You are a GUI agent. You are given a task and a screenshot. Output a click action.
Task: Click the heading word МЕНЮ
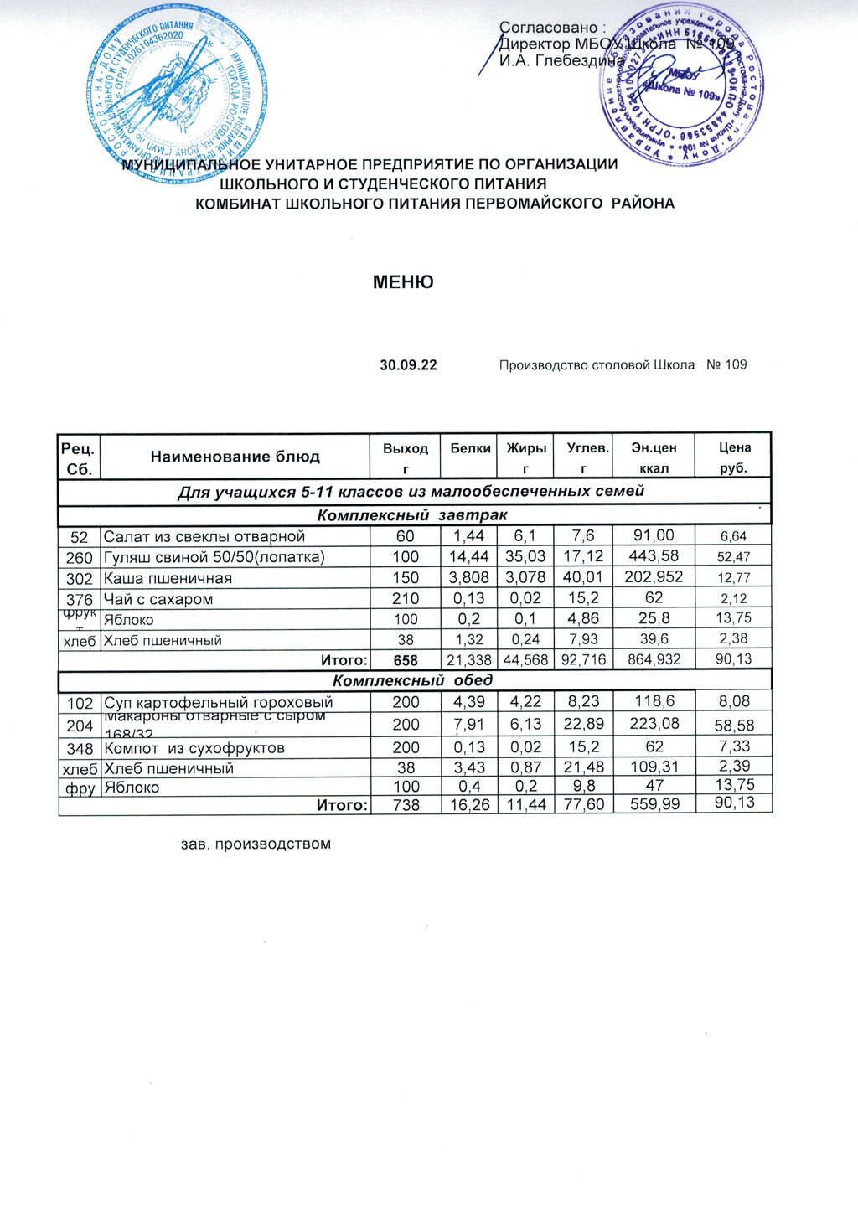(x=403, y=282)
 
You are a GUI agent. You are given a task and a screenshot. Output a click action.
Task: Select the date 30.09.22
(x=408, y=365)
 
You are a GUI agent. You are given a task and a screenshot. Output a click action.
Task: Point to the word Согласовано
(x=550, y=28)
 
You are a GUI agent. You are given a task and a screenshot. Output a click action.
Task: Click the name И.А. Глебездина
(x=561, y=60)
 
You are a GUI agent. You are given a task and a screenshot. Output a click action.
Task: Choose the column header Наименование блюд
(x=235, y=457)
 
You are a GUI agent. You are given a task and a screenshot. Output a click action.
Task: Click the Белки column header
(x=470, y=448)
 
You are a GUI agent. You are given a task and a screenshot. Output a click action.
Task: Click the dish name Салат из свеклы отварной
(x=204, y=536)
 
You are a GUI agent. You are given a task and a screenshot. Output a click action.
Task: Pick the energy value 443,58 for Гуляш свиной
(x=653, y=556)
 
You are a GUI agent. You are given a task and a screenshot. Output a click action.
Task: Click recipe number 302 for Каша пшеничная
(x=79, y=578)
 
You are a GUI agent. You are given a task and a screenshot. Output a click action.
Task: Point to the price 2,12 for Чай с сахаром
(x=733, y=599)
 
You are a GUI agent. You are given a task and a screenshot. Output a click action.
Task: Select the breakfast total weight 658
(x=406, y=660)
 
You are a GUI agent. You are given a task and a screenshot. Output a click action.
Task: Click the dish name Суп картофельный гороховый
(x=218, y=702)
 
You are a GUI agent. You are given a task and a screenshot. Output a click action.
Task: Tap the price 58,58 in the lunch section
(x=733, y=726)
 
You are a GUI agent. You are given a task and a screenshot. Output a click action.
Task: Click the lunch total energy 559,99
(x=653, y=804)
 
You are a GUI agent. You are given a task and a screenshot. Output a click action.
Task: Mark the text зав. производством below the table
(x=256, y=844)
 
